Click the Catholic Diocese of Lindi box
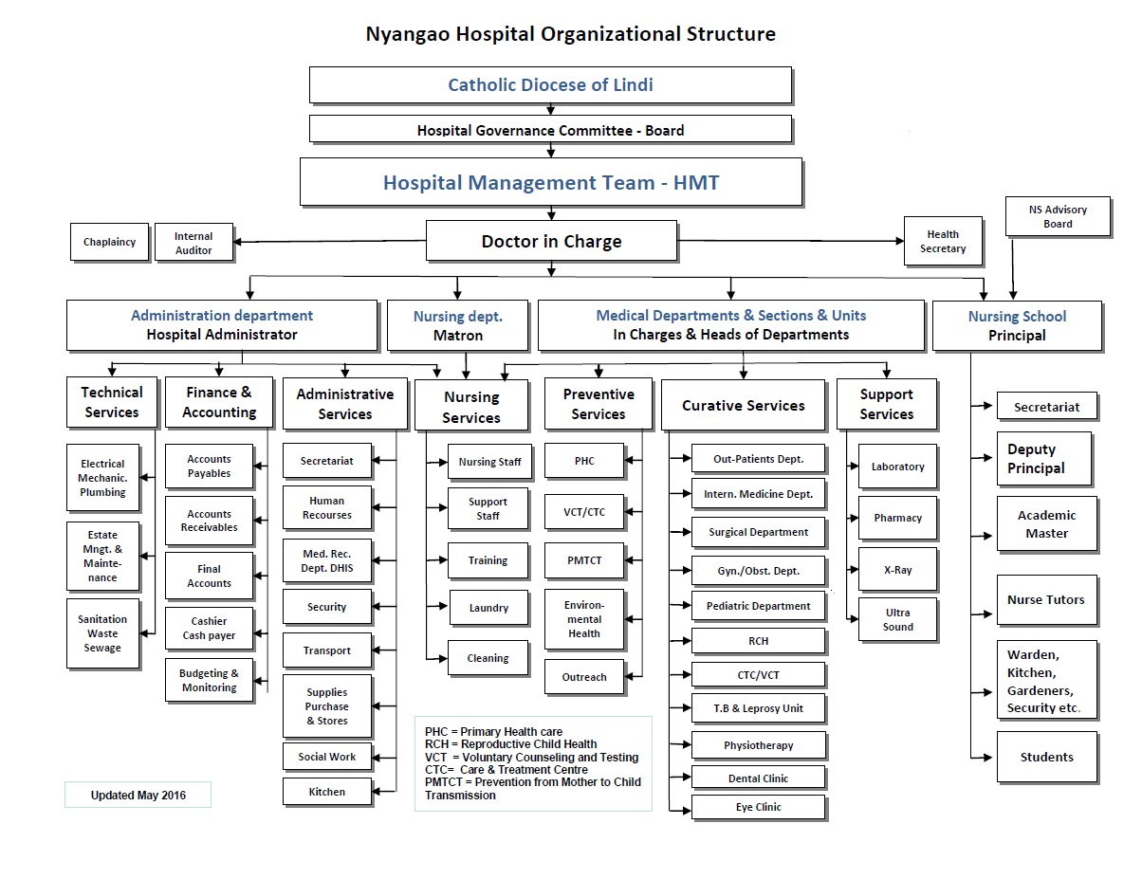550,84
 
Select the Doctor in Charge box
551,241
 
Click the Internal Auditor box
193,244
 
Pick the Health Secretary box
943,242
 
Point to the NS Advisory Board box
1058,217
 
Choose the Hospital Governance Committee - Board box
550,130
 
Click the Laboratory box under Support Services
897,467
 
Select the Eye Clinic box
758,808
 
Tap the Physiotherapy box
758,745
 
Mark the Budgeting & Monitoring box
209,680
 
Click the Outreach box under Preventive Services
584,677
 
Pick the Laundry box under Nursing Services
488,608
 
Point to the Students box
1046,757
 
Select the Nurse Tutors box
1046,599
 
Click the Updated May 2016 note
138,796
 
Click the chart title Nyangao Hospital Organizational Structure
570,34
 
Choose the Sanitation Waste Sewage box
102,633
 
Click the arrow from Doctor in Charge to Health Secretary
791,241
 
